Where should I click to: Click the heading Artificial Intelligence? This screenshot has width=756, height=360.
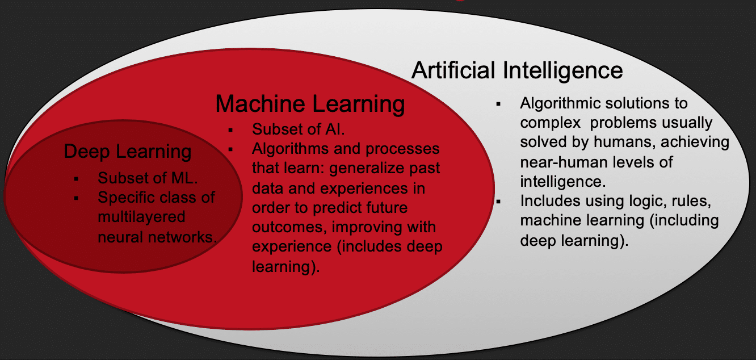coord(517,70)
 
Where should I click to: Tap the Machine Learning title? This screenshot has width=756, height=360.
coord(310,104)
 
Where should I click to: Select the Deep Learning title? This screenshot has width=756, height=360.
coord(128,152)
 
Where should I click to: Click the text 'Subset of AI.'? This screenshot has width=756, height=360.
coord(299,129)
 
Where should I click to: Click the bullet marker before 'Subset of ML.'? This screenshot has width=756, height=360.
coord(76,179)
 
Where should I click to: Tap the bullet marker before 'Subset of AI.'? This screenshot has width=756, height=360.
coord(231,129)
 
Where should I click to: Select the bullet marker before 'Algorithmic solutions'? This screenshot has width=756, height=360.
coord(498,104)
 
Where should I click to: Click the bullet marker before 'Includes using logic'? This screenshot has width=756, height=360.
coord(498,202)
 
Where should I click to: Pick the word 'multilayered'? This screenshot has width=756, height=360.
coord(141,217)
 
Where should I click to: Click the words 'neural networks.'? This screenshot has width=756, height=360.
coord(158,236)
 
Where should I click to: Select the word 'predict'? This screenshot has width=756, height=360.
coord(328,207)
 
